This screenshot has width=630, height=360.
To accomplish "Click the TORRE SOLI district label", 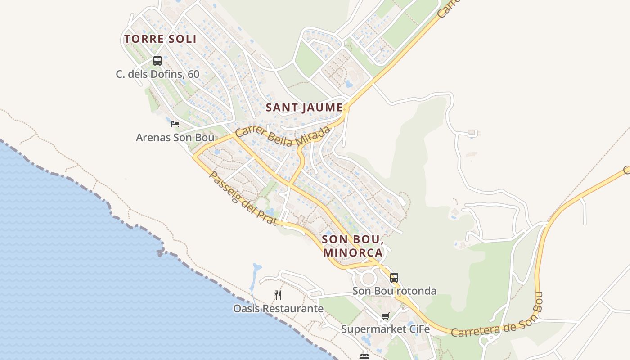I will pyautogui.click(x=161, y=39).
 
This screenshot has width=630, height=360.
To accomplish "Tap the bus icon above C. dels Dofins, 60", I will pyautogui.click(x=157, y=60).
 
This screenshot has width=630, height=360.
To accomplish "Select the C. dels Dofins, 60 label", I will pyautogui.click(x=157, y=74).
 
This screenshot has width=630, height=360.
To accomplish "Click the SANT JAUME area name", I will pyautogui.click(x=304, y=108).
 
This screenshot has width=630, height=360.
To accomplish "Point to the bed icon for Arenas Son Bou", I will pyautogui.click(x=175, y=124).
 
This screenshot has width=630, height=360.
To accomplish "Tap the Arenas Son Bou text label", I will pyautogui.click(x=175, y=137).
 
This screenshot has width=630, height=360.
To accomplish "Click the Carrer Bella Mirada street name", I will pyautogui.click(x=283, y=136).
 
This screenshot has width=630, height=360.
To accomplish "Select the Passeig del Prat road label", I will pyautogui.click(x=243, y=198).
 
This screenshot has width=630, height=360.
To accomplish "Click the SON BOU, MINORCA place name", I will pyautogui.click(x=353, y=246).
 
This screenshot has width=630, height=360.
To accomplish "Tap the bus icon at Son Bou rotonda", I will pyautogui.click(x=394, y=277).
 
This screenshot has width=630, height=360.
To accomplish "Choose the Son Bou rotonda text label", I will pyautogui.click(x=394, y=291).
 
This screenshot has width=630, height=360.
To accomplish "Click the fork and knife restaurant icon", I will pyautogui.click(x=278, y=295).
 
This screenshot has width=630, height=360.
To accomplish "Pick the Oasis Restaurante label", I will pyautogui.click(x=278, y=309).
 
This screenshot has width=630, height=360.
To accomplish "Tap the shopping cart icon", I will pyautogui.click(x=385, y=316).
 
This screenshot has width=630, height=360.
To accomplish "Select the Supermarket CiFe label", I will pyautogui.click(x=385, y=329).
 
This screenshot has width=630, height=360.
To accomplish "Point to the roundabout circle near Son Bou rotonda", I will pyautogui.click(x=369, y=278).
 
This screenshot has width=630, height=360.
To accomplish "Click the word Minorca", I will pyautogui.click(x=353, y=252).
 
